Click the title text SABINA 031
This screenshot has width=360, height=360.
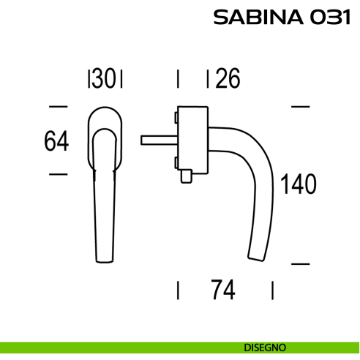(x=278, y=18)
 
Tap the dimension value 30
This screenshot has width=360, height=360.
(x=105, y=78)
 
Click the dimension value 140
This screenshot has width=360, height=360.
(x=298, y=184)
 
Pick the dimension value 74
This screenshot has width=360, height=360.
(x=222, y=290)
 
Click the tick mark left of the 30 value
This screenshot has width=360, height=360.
(x=89, y=78)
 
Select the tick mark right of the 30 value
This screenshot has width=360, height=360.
(x=121, y=78)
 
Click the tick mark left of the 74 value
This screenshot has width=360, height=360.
(x=178, y=290)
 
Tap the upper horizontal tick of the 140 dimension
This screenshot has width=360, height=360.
(x=300, y=107)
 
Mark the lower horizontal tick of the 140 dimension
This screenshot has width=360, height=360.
(x=300, y=263)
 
